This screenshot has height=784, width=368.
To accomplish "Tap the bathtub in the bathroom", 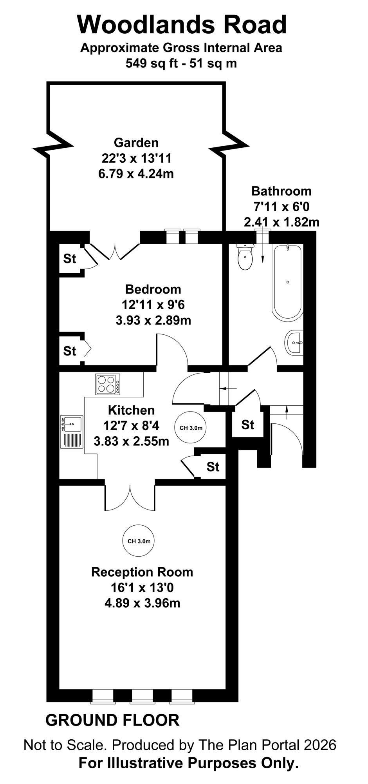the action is [x=288, y=281].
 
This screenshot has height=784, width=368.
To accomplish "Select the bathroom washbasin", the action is [x=294, y=342].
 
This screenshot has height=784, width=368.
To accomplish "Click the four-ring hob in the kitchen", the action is [x=108, y=384].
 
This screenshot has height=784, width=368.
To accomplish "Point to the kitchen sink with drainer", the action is [x=71, y=432].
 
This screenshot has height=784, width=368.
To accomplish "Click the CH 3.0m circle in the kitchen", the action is [x=191, y=428].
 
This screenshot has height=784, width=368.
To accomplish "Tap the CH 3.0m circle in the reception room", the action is [x=139, y=541].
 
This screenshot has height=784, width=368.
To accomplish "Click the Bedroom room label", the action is [x=153, y=289].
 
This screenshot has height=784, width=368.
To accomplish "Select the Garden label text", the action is [x=136, y=142].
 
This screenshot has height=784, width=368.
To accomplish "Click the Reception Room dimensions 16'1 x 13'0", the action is [x=142, y=588].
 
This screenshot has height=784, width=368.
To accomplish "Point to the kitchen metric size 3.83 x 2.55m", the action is [x=132, y=441].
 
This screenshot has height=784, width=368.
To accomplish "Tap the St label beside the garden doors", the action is [x=70, y=259].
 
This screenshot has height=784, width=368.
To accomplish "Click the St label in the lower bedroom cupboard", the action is [x=70, y=351].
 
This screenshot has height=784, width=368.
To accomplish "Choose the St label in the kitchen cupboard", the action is [x=213, y=467].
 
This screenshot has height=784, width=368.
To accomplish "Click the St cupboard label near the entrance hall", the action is [x=248, y=425].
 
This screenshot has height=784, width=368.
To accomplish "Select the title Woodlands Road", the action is [x=182, y=24].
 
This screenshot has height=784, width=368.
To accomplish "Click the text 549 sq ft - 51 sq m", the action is [x=181, y=63].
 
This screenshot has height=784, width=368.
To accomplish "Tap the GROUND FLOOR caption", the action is [x=113, y=720].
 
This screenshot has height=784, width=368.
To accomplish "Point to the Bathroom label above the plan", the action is [x=281, y=191].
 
